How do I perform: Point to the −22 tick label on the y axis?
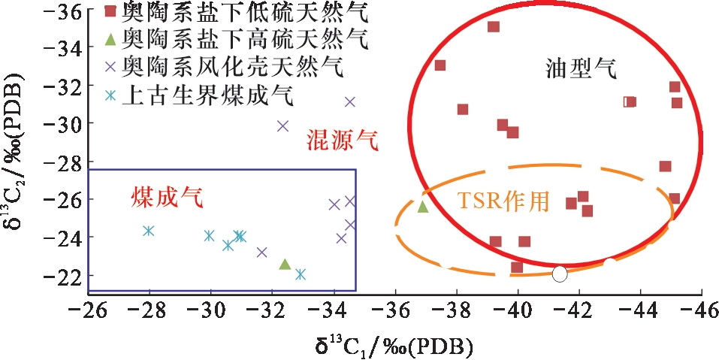[x=64, y=275]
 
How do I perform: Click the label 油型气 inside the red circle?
[x=582, y=69]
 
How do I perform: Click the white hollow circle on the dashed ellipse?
[x=559, y=273]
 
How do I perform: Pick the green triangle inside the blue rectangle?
[x=285, y=264]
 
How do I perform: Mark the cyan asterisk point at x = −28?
[x=149, y=231]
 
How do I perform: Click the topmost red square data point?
[x=494, y=27]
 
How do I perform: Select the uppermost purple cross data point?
[x=349, y=102]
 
